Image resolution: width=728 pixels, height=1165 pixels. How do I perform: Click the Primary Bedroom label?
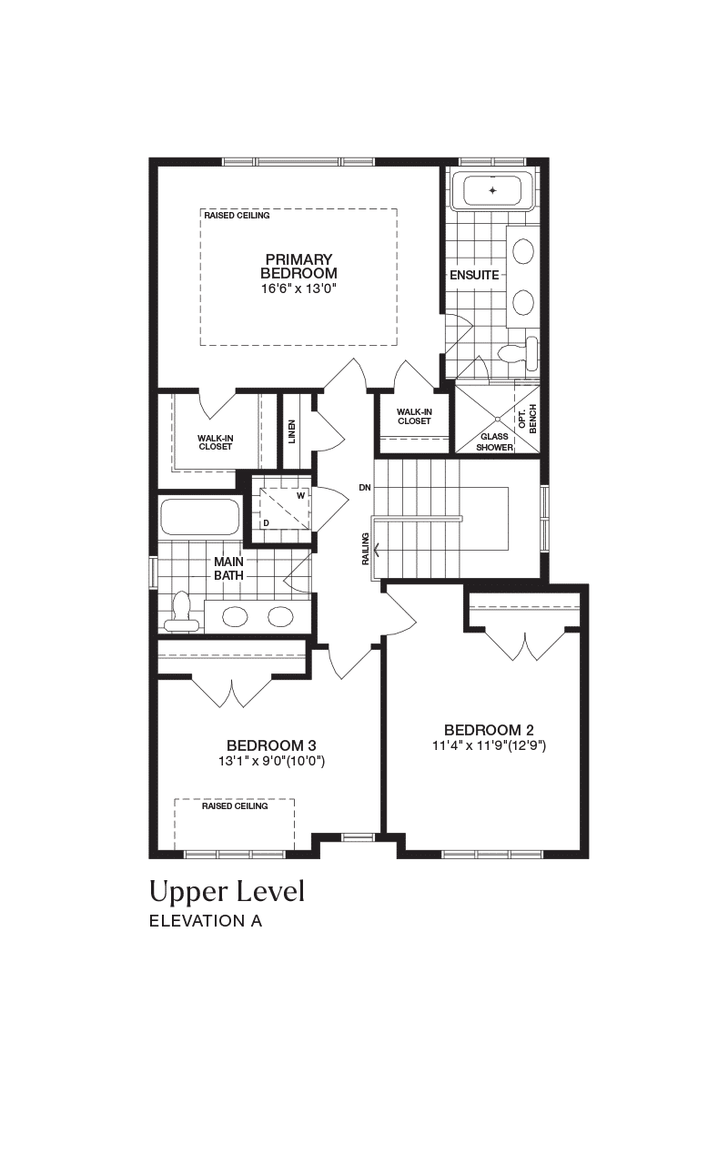(298, 266)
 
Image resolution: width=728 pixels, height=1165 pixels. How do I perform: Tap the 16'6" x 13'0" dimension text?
(299, 289)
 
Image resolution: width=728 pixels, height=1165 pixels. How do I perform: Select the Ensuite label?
(474, 275)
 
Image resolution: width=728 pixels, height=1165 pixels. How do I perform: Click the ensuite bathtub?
(492, 191)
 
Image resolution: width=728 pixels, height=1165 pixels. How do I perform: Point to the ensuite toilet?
(519, 354)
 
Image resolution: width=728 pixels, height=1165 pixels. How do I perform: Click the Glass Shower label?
(494, 442)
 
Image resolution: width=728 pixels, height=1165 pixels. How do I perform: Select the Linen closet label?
(292, 431)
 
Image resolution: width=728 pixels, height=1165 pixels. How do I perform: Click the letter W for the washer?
(300, 496)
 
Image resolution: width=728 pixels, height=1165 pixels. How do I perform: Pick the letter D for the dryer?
(266, 522)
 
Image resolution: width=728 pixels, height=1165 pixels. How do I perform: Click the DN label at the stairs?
(365, 487)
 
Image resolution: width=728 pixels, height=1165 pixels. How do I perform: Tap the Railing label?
(365, 549)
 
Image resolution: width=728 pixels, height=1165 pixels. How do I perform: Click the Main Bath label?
(228, 569)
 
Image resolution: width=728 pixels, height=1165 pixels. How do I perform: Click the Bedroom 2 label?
(489, 730)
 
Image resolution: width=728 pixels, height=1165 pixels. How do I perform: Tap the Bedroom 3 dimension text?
(271, 762)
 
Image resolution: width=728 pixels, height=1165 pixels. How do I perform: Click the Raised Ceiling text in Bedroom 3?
(235, 805)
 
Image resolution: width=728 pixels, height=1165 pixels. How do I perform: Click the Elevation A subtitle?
(206, 921)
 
